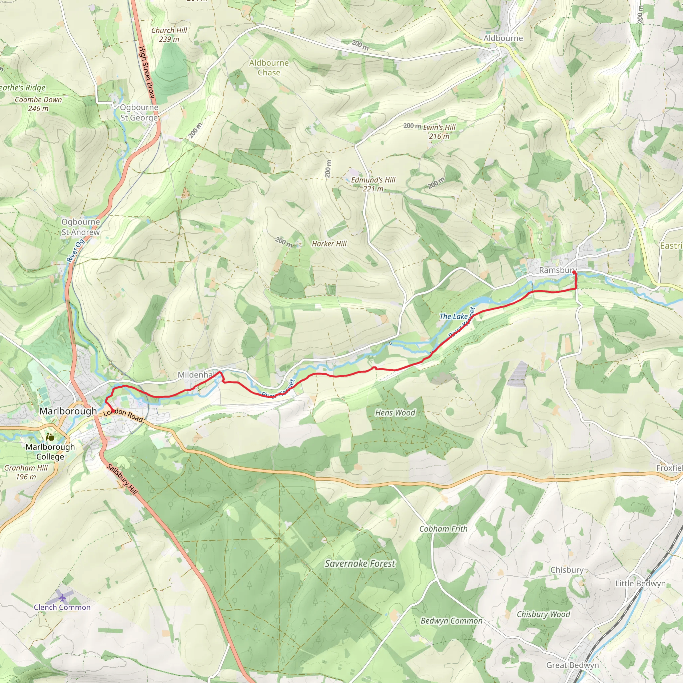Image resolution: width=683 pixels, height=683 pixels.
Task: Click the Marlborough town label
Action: pyautogui.click(x=68, y=411)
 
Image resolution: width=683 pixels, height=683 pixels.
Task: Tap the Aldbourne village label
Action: pyautogui.click(x=503, y=38)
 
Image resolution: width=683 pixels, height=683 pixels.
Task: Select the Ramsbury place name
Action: pyautogui.click(x=558, y=270)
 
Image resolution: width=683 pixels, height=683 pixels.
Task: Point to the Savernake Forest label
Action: pyautogui.click(x=360, y=564)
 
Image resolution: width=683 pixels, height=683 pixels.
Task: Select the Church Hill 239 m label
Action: pyautogui.click(x=169, y=35)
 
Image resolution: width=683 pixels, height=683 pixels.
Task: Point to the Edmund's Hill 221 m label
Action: pyautogui.click(x=373, y=184)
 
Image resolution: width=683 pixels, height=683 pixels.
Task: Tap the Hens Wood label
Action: pyautogui.click(x=395, y=413)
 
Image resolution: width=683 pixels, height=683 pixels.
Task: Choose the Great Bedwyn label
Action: pyautogui.click(x=572, y=665)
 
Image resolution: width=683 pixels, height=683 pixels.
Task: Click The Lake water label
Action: pyautogui.click(x=454, y=316)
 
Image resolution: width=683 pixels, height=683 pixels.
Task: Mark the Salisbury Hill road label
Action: pyautogui.click(x=122, y=479)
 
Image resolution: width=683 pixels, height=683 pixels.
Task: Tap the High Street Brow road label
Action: pyautogui.click(x=147, y=72)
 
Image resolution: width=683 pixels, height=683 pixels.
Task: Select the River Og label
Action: pyautogui.click(x=75, y=251)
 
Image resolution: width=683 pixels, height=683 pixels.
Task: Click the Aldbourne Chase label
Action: pyautogui.click(x=269, y=67)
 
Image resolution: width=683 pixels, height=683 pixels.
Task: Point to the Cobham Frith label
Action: pyautogui.click(x=443, y=529)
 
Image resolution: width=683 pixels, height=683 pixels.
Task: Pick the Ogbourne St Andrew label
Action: pyautogui.click(x=81, y=226)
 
